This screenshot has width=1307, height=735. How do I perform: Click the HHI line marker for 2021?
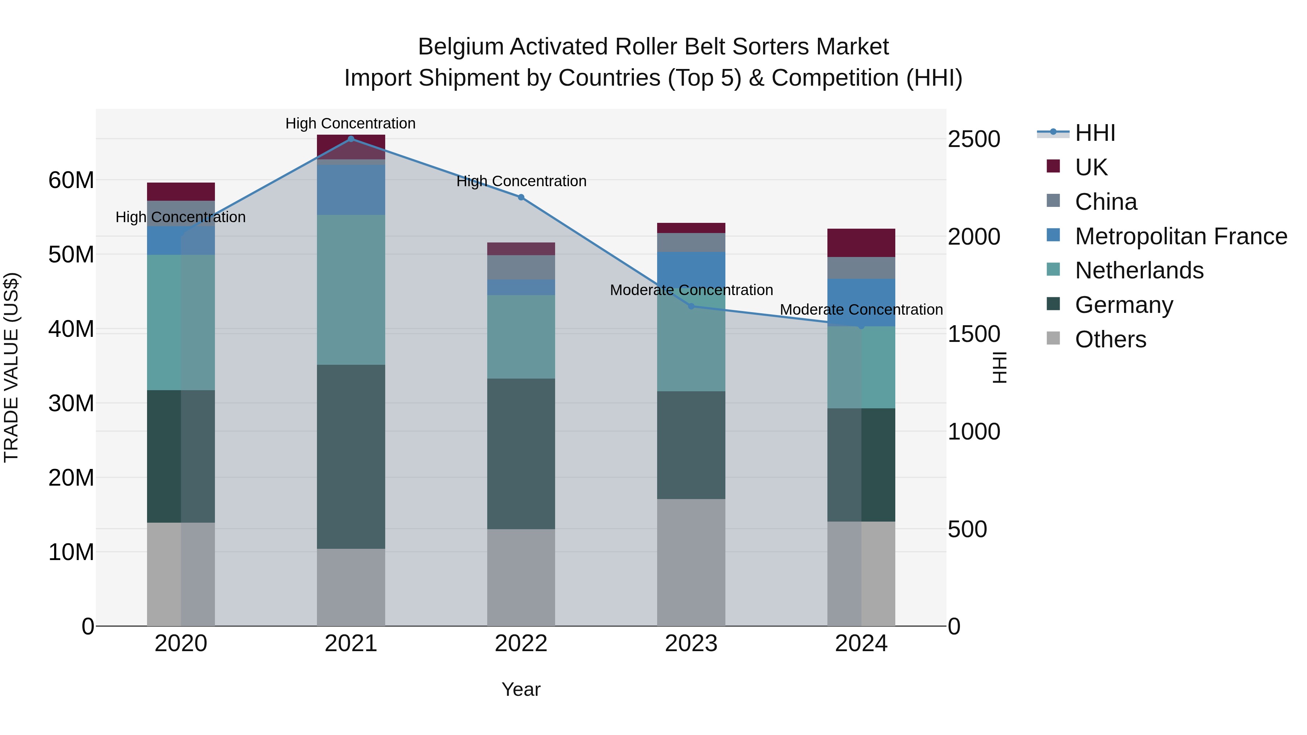[351, 139]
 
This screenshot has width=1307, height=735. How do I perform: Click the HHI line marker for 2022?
[521, 197]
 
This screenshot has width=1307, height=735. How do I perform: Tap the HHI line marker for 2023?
[691, 306]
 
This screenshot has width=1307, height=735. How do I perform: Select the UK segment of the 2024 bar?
[861, 243]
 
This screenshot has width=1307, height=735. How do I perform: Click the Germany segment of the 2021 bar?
[351, 457]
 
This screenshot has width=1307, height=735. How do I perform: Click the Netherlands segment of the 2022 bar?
[521, 337]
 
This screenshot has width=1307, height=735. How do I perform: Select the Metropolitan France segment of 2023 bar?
[691, 269]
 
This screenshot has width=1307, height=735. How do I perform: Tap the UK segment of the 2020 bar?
[181, 192]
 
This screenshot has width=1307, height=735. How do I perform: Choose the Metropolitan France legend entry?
[1181, 236]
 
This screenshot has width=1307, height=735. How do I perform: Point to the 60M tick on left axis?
[71, 180]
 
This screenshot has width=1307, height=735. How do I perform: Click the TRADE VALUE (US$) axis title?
[11, 367]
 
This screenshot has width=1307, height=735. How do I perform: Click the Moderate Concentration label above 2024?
[861, 309]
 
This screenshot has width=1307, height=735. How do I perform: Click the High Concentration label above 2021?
[351, 123]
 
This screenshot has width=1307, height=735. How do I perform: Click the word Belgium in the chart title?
[460, 47]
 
